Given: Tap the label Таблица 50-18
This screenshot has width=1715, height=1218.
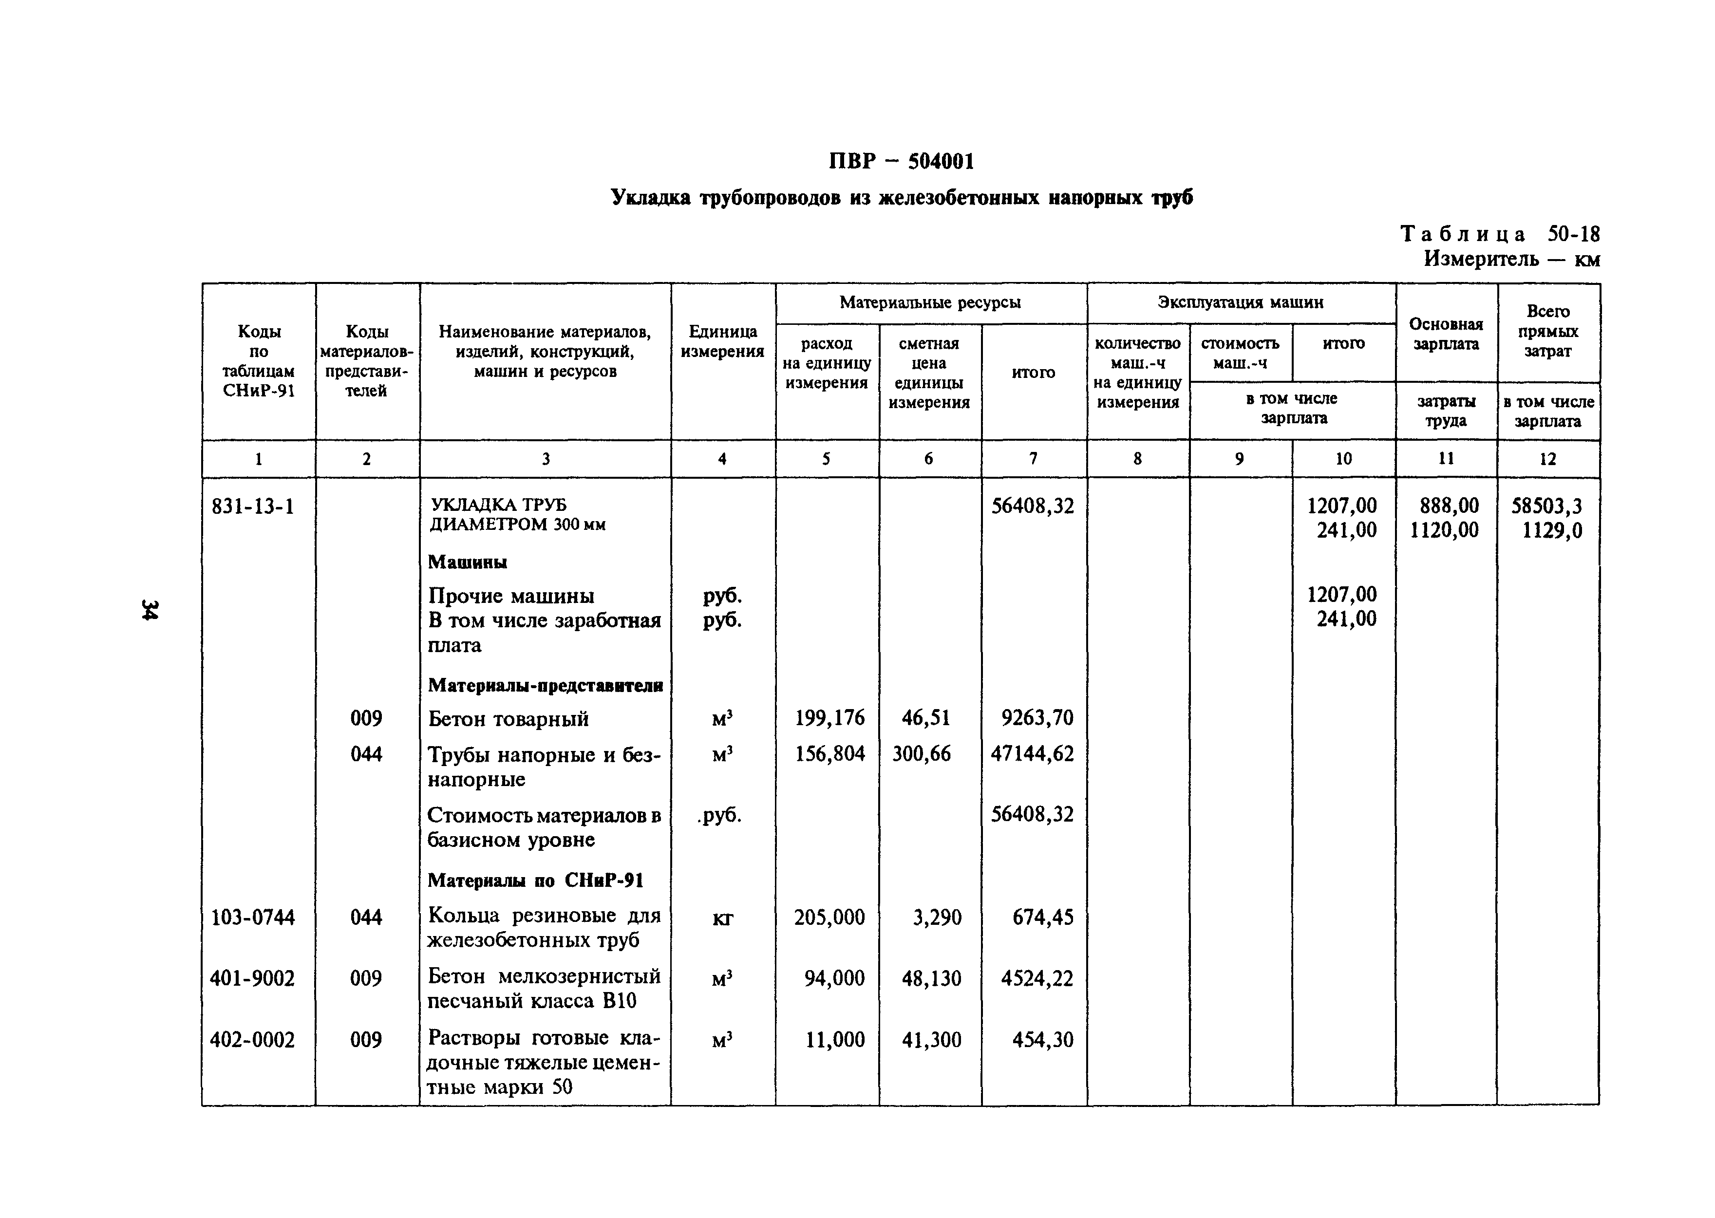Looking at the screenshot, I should pyautogui.click(x=1500, y=235).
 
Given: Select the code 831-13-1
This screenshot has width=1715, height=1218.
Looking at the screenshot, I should pyautogui.click(x=253, y=507).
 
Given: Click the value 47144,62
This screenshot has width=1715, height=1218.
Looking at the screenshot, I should pyautogui.click(x=1032, y=754).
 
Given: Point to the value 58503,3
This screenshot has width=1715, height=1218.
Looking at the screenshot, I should pyautogui.click(x=1546, y=506).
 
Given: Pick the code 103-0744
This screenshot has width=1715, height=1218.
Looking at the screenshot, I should pyautogui.click(x=253, y=917).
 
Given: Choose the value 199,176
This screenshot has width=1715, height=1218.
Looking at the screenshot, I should pyautogui.click(x=829, y=718).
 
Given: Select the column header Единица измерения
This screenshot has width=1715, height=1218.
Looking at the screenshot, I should pyautogui.click(x=722, y=341).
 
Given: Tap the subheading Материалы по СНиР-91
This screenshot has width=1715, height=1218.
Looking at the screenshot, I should pyautogui.click(x=535, y=881).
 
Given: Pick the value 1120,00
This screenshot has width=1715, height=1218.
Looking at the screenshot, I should pyautogui.click(x=1444, y=531).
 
